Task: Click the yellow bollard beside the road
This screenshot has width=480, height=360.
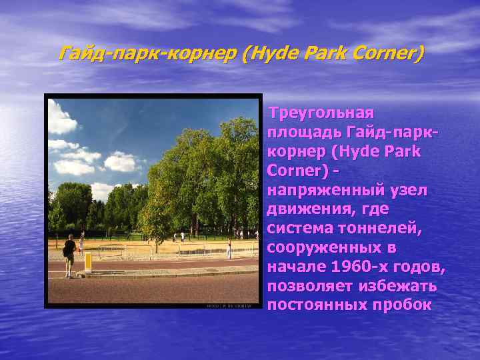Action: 87,261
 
